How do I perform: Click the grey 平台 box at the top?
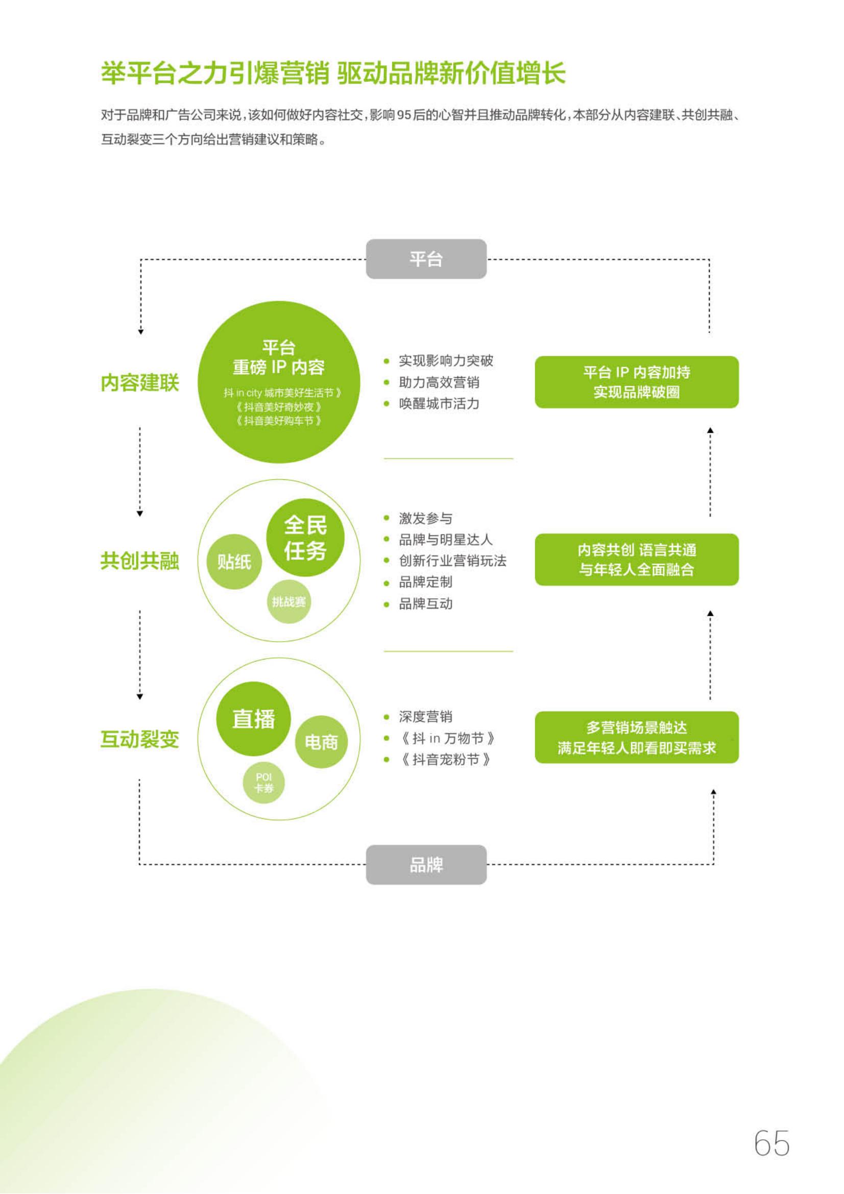click(426, 259)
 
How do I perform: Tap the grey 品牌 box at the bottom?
click(426, 864)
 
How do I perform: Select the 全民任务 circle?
click(305, 538)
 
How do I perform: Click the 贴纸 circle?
click(234, 562)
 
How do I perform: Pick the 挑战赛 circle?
click(288, 602)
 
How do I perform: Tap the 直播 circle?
click(253, 719)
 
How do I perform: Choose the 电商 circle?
click(321, 742)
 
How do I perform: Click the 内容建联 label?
click(139, 383)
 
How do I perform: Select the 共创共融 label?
click(139, 561)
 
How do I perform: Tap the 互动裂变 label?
click(139, 739)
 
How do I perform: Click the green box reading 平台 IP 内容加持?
click(637, 382)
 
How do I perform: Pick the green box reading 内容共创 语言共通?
click(637, 559)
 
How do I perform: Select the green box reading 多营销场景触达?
click(637, 738)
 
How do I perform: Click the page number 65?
click(771, 1143)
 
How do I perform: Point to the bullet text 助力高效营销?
click(439, 383)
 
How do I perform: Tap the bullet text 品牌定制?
click(425, 582)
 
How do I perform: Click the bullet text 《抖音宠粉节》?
click(445, 760)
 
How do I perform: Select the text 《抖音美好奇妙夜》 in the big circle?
click(279, 407)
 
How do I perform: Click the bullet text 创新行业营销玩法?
click(452, 561)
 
